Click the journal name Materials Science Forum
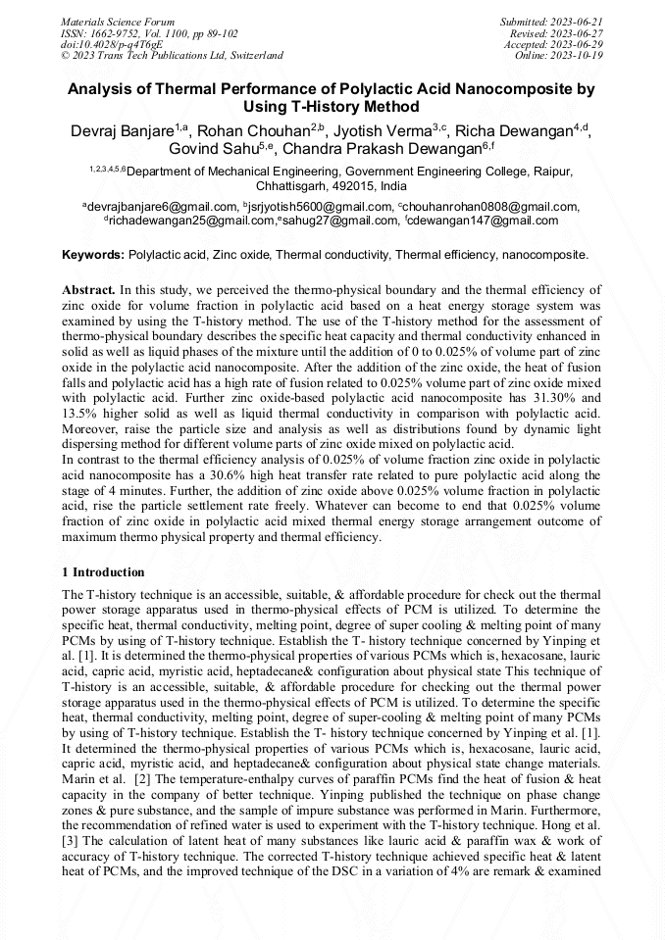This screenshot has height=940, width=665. [x=118, y=22]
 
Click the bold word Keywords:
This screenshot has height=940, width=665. [x=93, y=255]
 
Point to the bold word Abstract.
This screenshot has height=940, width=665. [x=88, y=291]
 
